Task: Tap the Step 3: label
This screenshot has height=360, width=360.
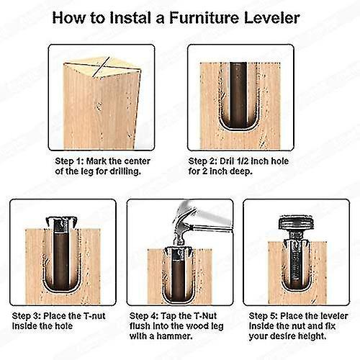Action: point(30,315)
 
